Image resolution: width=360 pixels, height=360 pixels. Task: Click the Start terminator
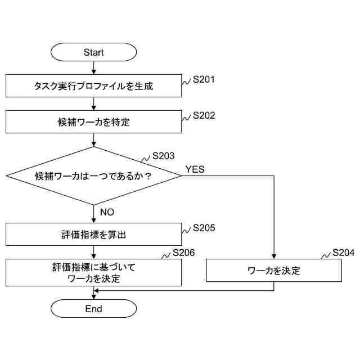point(93,52)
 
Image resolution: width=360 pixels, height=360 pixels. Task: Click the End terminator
point(93,309)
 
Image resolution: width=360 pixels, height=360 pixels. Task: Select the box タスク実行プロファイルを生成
point(93,87)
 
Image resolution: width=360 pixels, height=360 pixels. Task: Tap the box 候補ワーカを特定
point(93,121)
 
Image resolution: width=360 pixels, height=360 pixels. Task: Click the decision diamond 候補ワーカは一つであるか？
point(93,175)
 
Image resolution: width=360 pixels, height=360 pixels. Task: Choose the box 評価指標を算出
point(93,235)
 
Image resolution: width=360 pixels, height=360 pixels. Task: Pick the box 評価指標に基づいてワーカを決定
point(93,272)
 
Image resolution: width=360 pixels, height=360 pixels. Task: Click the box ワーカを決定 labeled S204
point(274,271)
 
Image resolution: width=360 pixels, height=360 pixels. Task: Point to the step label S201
point(204,80)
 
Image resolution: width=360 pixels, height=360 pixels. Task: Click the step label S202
point(204,115)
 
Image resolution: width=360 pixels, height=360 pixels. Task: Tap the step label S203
point(164,156)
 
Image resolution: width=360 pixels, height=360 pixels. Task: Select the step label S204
point(343,253)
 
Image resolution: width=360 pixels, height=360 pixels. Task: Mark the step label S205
point(204,228)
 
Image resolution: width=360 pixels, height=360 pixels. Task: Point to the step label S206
point(183,253)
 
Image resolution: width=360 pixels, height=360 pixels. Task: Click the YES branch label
point(195,169)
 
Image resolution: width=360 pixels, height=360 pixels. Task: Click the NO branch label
point(107,212)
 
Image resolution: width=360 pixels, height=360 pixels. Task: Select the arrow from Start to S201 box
point(93,68)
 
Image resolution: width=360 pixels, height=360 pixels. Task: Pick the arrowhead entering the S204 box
point(274,256)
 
